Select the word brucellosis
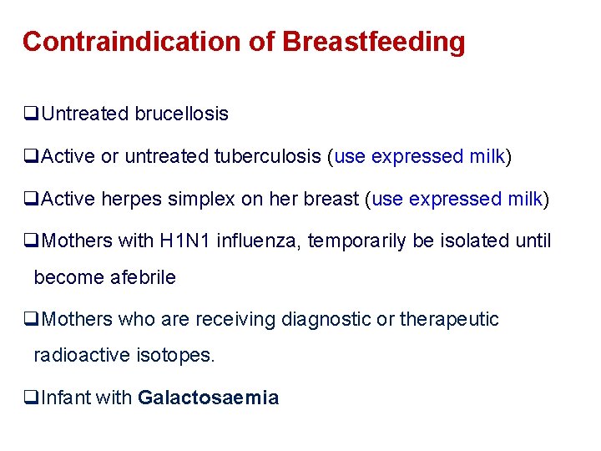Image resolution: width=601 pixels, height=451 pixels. point(181,114)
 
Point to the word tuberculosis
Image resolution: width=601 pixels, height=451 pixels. point(268,156)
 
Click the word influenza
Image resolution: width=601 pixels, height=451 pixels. point(259,241)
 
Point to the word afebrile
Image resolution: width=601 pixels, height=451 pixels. point(143,278)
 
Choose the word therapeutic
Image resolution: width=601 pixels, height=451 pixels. point(449,319)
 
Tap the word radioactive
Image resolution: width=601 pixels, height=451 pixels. point(78,356)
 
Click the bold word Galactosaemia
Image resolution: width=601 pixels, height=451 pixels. point(208,398)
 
